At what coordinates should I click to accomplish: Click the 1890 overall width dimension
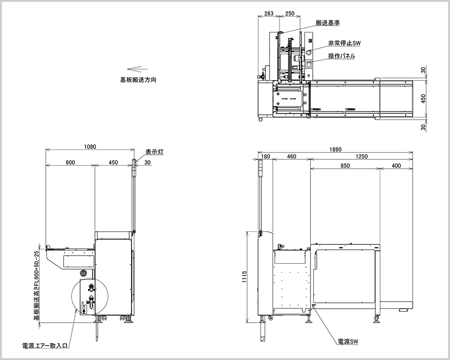pos(335,150)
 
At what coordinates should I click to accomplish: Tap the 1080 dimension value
pos(90,147)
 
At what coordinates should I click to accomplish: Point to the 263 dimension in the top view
pos(269,13)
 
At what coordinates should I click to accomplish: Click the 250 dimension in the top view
pos(290,13)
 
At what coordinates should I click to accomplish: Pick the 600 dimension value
pos(70,162)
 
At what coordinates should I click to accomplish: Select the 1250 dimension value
pos(361,157)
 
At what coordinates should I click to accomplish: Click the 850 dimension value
pos(345,166)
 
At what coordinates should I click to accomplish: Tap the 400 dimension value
pos(396,166)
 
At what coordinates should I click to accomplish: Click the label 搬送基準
pos(327,22)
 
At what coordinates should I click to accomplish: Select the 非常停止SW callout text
pos(344,43)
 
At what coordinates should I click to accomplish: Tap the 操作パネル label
pos(342,56)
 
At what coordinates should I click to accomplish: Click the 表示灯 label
pos(154,152)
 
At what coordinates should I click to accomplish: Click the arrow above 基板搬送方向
pos(135,69)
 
